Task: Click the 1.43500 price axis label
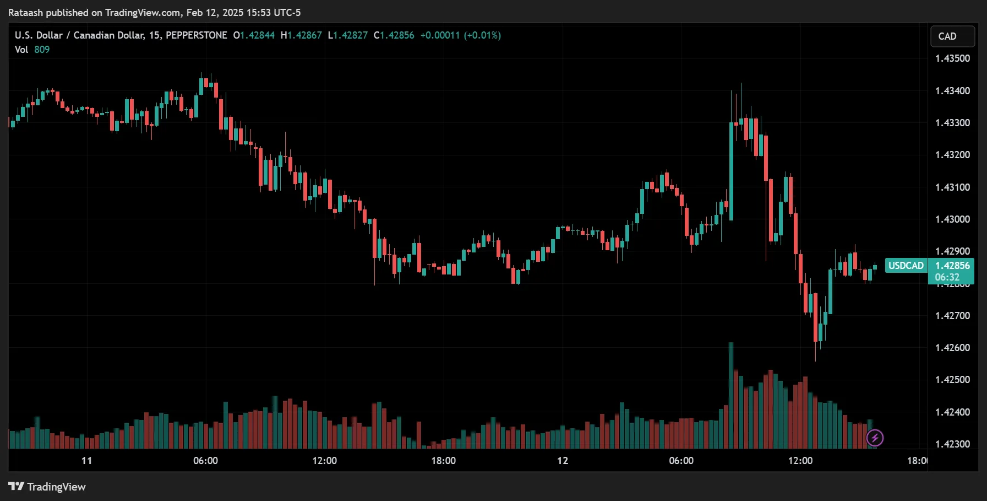tap(952, 58)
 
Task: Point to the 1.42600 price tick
tap(952, 348)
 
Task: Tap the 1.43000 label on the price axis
tap(952, 219)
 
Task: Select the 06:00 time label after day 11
tap(205, 461)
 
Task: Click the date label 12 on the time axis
tap(562, 461)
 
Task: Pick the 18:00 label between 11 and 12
tap(443, 461)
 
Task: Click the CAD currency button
tap(952, 36)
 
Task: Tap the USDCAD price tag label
tap(906, 266)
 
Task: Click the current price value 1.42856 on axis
tap(952, 266)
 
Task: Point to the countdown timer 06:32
tap(947, 277)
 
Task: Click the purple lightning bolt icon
tap(875, 438)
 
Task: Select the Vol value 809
tap(42, 50)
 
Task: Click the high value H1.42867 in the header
tap(301, 35)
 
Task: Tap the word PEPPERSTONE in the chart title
tap(196, 35)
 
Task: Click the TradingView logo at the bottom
tap(47, 487)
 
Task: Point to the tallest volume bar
tap(731, 394)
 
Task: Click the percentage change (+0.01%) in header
tap(482, 35)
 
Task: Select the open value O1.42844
tap(254, 35)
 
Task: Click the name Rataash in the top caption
tap(25, 13)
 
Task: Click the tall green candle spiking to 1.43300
tap(731, 171)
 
